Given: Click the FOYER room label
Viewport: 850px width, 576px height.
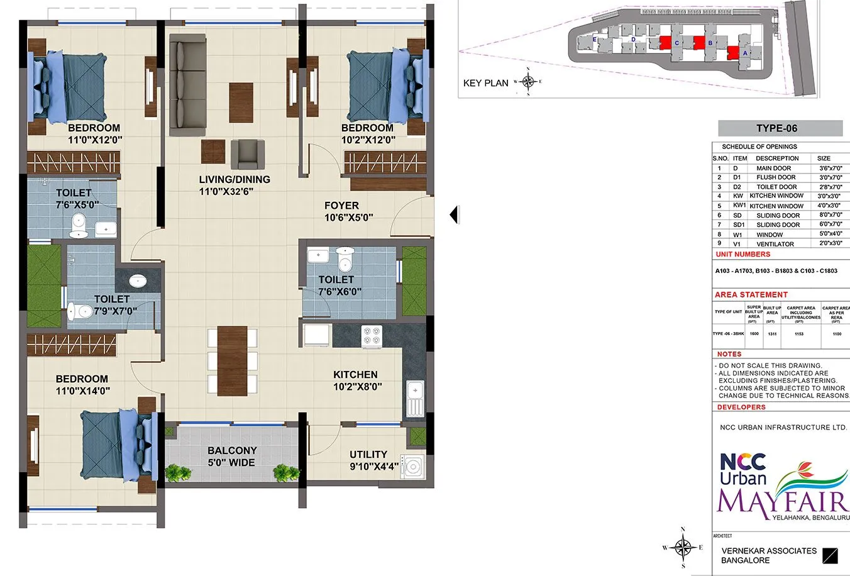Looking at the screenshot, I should pyautogui.click(x=341, y=206).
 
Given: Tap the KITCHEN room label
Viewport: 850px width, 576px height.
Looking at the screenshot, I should pyautogui.click(x=355, y=375).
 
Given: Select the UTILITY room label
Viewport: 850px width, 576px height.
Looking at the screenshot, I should pyautogui.click(x=368, y=454).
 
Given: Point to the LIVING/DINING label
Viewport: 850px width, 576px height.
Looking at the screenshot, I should pyautogui.click(x=235, y=179).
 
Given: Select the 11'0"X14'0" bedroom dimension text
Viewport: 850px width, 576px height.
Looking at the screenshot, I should pyautogui.click(x=82, y=390).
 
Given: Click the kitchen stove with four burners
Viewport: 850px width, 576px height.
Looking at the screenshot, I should pyautogui.click(x=370, y=336).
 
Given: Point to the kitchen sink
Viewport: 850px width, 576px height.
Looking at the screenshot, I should pyautogui.click(x=416, y=399).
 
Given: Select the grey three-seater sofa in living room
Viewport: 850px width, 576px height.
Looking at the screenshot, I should pyautogui.click(x=187, y=85).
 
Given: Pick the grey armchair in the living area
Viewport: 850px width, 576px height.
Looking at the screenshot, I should pyautogui.click(x=247, y=155).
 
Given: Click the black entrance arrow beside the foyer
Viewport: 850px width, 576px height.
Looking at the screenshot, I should pyautogui.click(x=454, y=215).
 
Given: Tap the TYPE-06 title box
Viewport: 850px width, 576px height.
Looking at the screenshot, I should pyautogui.click(x=780, y=128).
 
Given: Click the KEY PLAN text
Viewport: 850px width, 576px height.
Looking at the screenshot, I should pyautogui.click(x=485, y=83).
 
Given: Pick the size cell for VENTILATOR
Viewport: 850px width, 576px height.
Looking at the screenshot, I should pyautogui.click(x=830, y=244).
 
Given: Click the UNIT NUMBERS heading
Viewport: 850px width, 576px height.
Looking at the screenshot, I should pyautogui.click(x=742, y=255).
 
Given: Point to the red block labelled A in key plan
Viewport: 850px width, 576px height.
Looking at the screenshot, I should pyautogui.click(x=732, y=53).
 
